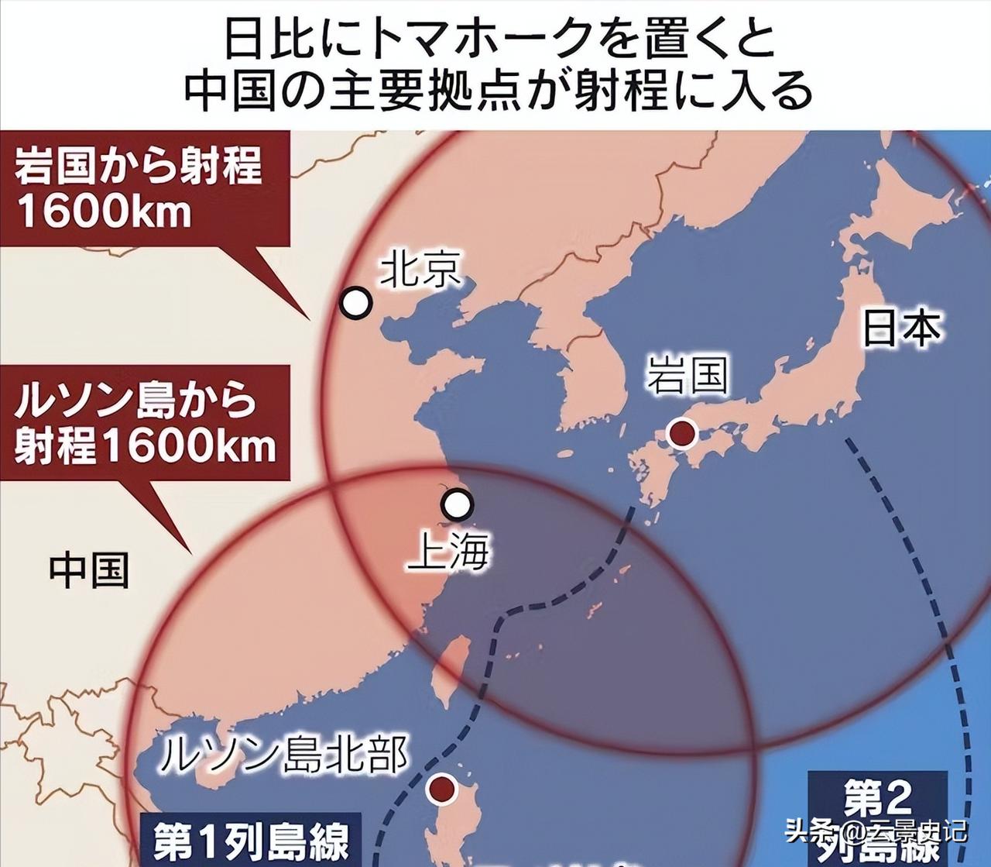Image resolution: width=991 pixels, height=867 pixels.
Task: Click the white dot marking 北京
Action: point(356,303)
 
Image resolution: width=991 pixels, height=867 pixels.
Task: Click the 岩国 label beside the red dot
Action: point(688,377)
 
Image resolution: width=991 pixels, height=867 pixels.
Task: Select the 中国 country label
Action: point(89,570)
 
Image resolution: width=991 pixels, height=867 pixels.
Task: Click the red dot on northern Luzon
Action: point(442,790)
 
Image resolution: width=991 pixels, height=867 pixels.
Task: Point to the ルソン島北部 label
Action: point(283,752)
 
